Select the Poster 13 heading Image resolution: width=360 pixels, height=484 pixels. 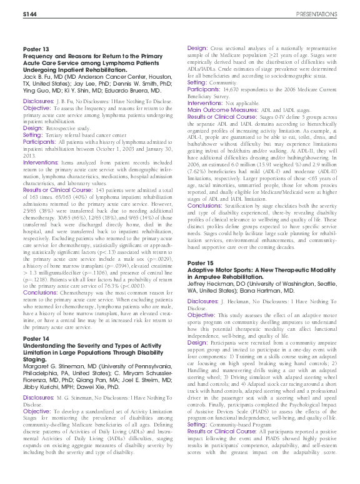point(36,48)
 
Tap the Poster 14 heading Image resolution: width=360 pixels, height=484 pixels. point(36,338)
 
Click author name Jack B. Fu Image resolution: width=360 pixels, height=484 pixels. point(36,75)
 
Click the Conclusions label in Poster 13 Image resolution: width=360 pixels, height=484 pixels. point(38,292)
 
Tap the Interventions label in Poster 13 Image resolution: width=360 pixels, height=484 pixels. point(39,161)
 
